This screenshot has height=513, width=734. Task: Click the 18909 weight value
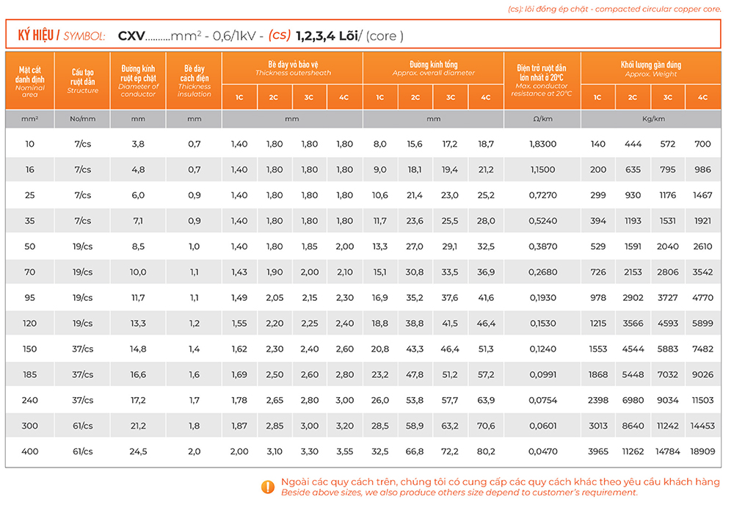702,451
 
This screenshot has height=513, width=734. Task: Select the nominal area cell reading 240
29,400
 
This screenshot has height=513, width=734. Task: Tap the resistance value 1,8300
542,144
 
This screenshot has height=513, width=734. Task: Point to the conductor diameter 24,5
138,451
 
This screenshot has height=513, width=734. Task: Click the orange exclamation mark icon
268,486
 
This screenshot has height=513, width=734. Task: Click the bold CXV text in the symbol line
131,35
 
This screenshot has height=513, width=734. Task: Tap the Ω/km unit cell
542,118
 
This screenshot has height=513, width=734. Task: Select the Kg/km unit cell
650,118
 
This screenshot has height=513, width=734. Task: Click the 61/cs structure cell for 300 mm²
82,426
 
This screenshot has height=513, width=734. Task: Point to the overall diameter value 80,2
486,451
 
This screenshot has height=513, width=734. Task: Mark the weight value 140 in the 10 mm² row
598,144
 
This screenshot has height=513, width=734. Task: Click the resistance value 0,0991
542,374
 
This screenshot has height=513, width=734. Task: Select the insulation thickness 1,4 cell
194,349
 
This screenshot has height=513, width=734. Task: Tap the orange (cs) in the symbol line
279,35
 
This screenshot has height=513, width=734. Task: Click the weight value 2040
667,246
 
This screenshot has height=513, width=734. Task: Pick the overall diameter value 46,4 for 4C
486,323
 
